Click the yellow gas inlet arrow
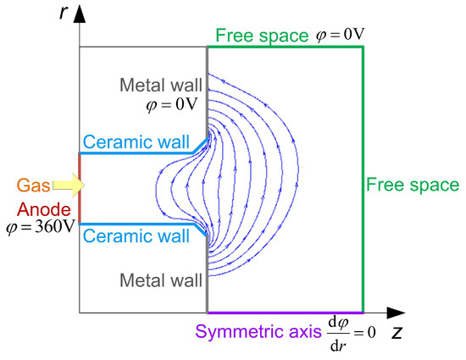click(72, 183)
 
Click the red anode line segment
click(80, 188)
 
